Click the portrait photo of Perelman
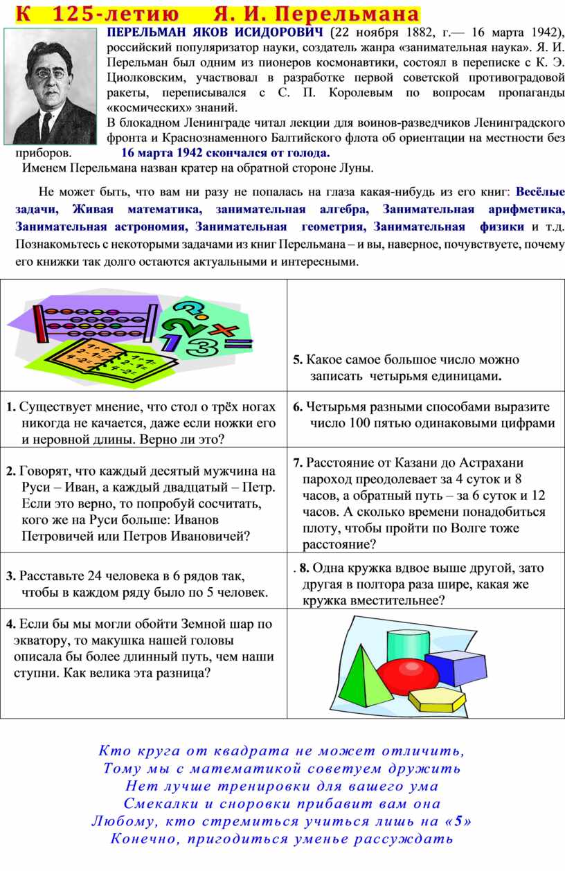[51, 86]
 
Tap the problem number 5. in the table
[297, 360]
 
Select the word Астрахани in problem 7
[490, 463]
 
